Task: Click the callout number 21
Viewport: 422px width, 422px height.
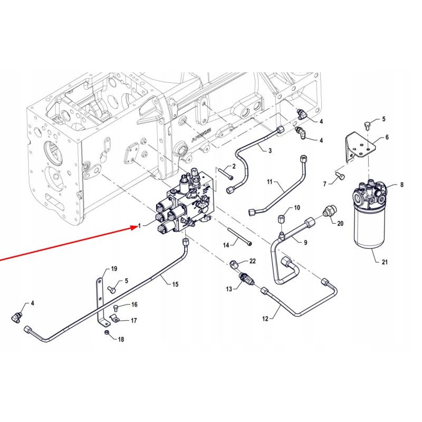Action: [x=377, y=262]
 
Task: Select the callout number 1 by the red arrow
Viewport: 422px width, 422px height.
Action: [x=139, y=226]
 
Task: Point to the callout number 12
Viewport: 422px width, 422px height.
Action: [x=265, y=319]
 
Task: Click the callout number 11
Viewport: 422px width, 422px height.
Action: [x=270, y=183]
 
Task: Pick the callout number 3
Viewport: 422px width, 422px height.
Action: [x=270, y=151]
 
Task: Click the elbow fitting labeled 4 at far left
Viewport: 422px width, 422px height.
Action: [x=17, y=315]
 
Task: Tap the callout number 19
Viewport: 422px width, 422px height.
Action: [x=113, y=270]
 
